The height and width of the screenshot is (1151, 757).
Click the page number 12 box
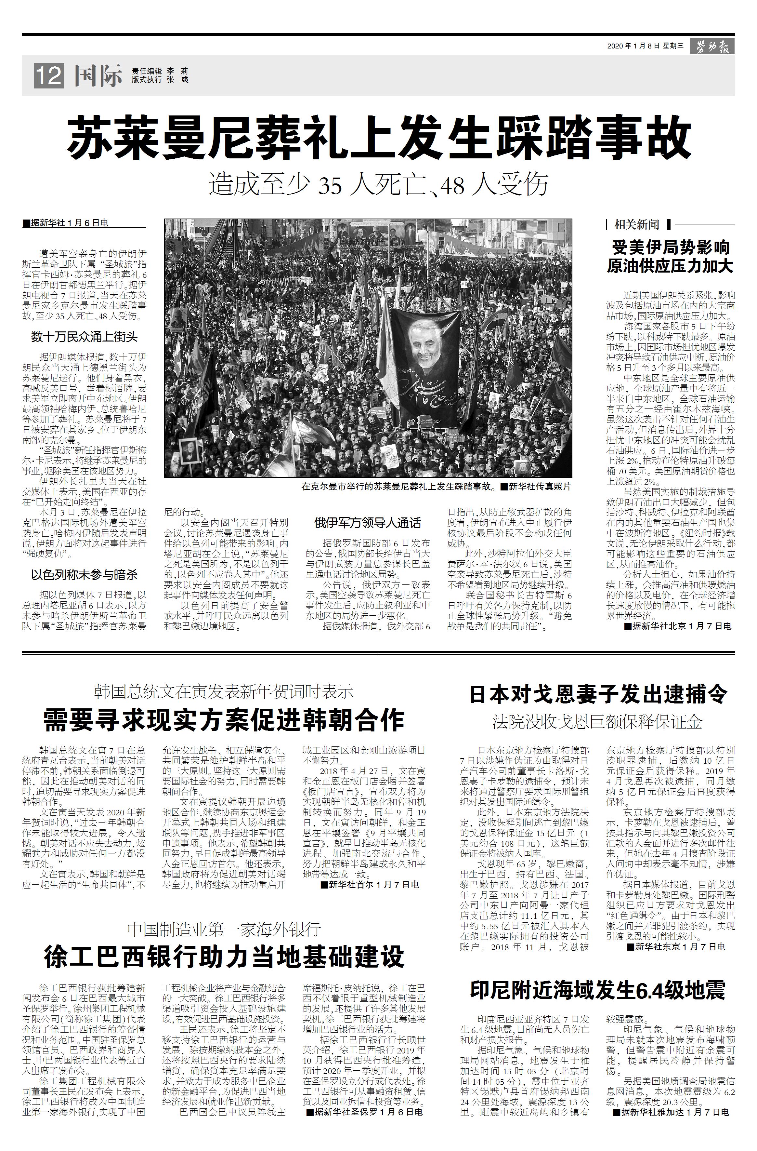coord(48,76)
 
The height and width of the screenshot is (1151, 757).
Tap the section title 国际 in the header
coord(98,76)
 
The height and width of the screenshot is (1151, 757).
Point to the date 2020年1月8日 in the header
coord(633,47)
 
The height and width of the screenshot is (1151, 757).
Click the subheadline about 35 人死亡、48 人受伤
coord(378,184)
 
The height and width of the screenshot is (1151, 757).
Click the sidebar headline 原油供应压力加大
coord(670,266)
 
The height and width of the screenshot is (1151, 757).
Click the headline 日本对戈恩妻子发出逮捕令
coord(598,695)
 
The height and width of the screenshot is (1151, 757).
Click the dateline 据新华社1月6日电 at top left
coord(65,223)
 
